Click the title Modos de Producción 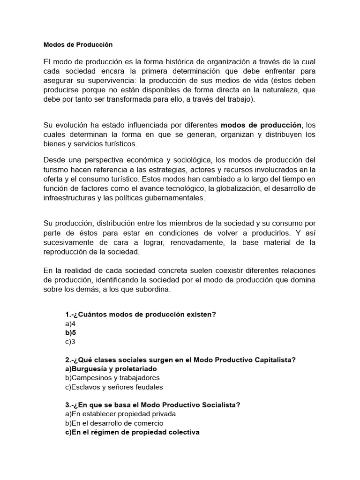click(x=78, y=45)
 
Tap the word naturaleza click(x=287, y=90)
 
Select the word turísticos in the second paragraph click(x=114, y=143)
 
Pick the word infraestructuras click(x=70, y=198)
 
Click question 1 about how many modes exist click(x=141, y=314)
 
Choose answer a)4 click(x=70, y=323)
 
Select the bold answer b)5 click(x=70, y=332)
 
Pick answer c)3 click(x=70, y=342)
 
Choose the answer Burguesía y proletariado click(x=111, y=369)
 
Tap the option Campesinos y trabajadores click(x=112, y=378)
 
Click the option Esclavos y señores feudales click(x=114, y=387)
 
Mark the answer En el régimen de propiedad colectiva click(x=132, y=432)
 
